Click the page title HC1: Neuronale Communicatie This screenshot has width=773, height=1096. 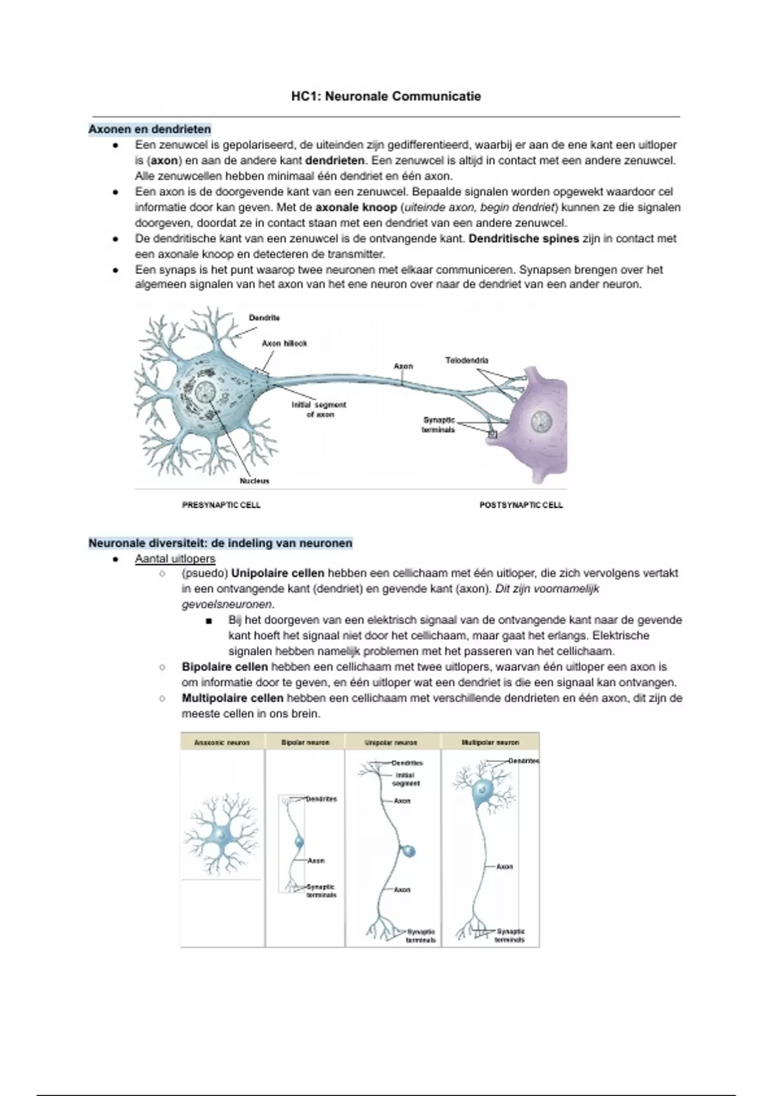(386, 97)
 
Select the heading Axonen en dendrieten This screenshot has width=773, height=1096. (149, 129)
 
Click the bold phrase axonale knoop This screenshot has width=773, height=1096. (356, 208)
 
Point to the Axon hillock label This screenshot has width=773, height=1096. (284, 344)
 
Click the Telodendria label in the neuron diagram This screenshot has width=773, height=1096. (466, 360)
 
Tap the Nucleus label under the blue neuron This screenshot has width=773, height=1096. (254, 481)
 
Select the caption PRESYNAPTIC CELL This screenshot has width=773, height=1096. (222, 505)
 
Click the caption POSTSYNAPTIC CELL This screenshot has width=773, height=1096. (521, 505)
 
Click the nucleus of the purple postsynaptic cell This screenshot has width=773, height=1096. (540, 422)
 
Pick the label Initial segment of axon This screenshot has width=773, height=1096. (319, 409)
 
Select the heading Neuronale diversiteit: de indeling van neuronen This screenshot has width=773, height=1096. (220, 543)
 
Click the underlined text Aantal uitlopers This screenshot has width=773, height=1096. (175, 559)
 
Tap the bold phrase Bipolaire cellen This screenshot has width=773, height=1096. (225, 667)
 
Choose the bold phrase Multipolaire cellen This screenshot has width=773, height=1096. (233, 698)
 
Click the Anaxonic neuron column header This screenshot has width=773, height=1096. (222, 743)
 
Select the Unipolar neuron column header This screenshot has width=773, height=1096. (391, 743)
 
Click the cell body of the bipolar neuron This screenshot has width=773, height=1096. (298, 842)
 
